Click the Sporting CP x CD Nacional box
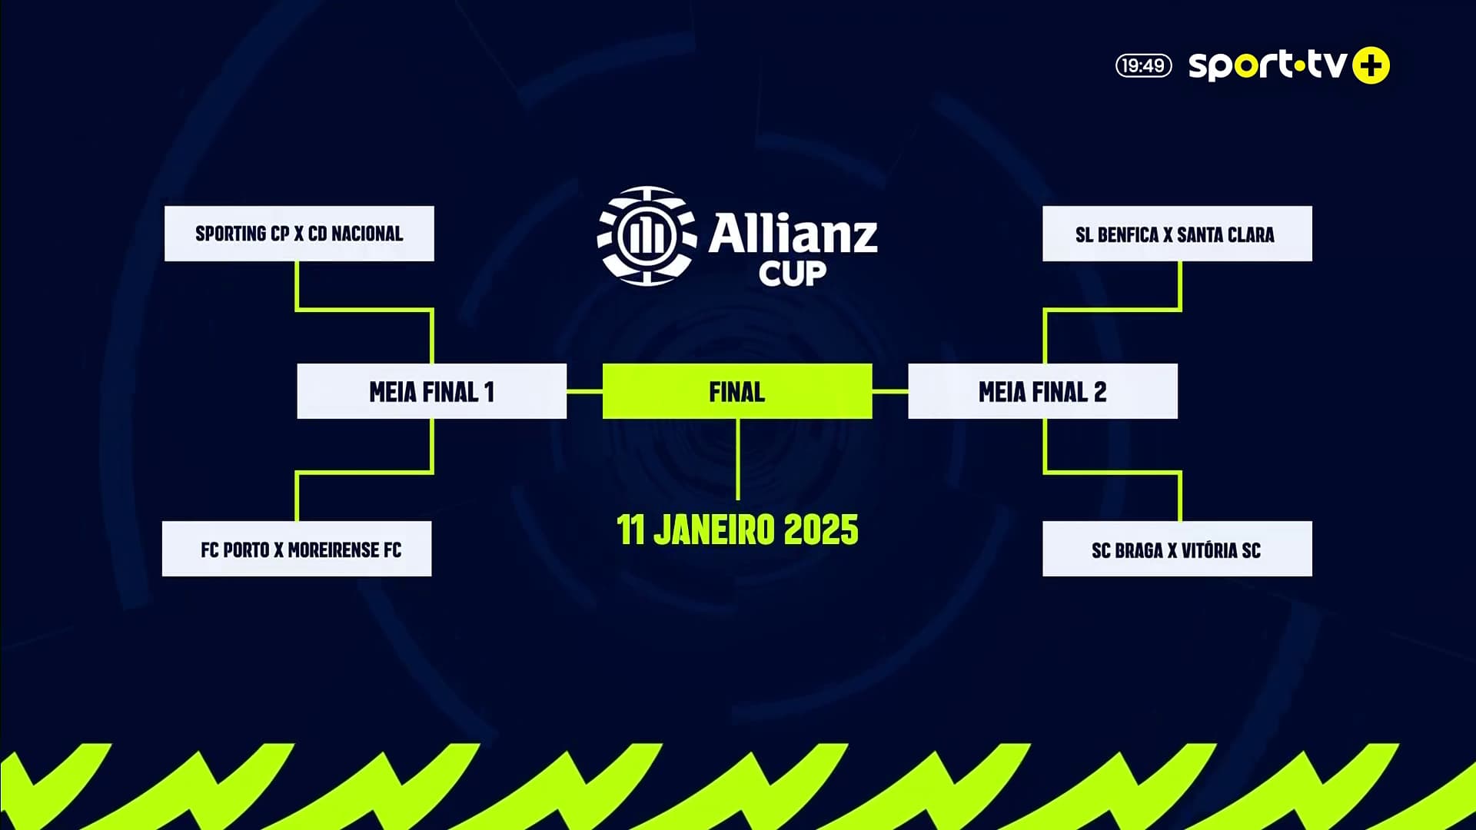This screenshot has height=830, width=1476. coord(299,234)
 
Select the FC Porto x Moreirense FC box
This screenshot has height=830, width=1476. coord(297,549)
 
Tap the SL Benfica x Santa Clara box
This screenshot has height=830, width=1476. coord(1177,234)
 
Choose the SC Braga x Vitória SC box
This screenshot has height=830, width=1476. coord(1177,549)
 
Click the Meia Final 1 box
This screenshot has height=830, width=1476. coord(432,391)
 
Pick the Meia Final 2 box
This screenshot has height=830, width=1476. coord(1042,391)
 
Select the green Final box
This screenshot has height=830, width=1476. coord(737,391)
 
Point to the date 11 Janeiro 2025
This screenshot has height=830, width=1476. coord(737,530)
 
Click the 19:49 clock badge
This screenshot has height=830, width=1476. coord(1144,65)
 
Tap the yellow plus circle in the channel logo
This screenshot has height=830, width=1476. coord(1371,65)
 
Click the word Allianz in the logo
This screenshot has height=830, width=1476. coord(793,234)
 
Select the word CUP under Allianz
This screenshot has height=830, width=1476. coord(793,273)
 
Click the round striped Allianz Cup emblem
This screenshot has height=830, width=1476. coord(647,235)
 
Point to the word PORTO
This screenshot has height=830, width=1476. coord(246,549)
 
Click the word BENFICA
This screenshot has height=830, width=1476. coord(1128,234)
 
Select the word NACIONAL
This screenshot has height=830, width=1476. coord(367,234)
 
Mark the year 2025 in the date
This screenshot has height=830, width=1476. coord(821,530)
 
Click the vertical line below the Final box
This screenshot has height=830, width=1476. coord(737,460)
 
